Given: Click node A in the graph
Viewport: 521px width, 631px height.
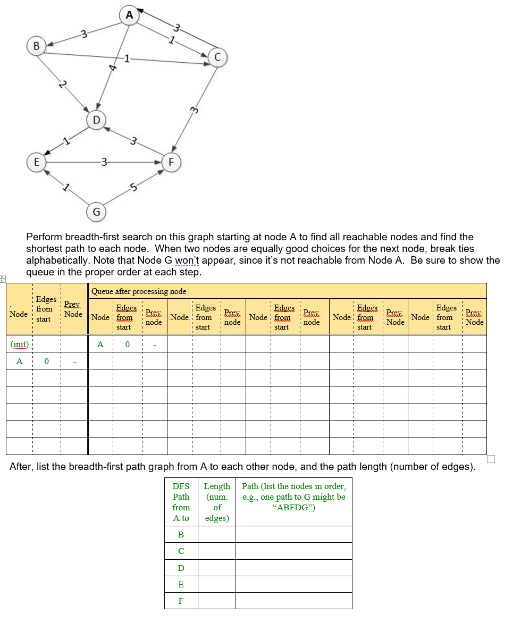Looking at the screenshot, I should pos(129,15).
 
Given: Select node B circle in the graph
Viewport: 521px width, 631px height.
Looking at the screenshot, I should pos(36,46).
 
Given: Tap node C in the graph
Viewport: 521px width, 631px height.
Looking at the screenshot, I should pos(217,57).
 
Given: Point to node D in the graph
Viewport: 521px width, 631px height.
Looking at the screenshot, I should pos(96,120).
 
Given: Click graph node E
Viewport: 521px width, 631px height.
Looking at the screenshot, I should pos(36,162).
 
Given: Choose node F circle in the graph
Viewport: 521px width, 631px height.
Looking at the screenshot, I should pos(171,162).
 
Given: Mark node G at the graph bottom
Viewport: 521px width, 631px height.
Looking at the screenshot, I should pos(96,212).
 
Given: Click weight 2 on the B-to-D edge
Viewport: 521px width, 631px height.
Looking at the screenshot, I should pos(63,85).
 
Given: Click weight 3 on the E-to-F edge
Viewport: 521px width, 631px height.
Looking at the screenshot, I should pos(104,162).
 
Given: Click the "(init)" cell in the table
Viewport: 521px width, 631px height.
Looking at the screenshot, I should pos(20,344).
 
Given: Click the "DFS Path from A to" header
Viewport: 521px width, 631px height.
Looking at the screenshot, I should pos(181,502).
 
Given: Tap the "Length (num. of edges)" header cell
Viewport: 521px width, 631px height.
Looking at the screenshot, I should pos(217,502).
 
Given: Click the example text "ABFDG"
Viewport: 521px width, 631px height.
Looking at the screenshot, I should pos(293,507).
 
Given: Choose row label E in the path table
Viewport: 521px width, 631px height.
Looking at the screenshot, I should pos(181,584).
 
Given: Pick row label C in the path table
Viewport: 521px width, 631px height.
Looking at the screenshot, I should pos(181,551).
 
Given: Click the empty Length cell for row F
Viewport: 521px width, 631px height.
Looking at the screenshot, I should pos(217,601).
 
